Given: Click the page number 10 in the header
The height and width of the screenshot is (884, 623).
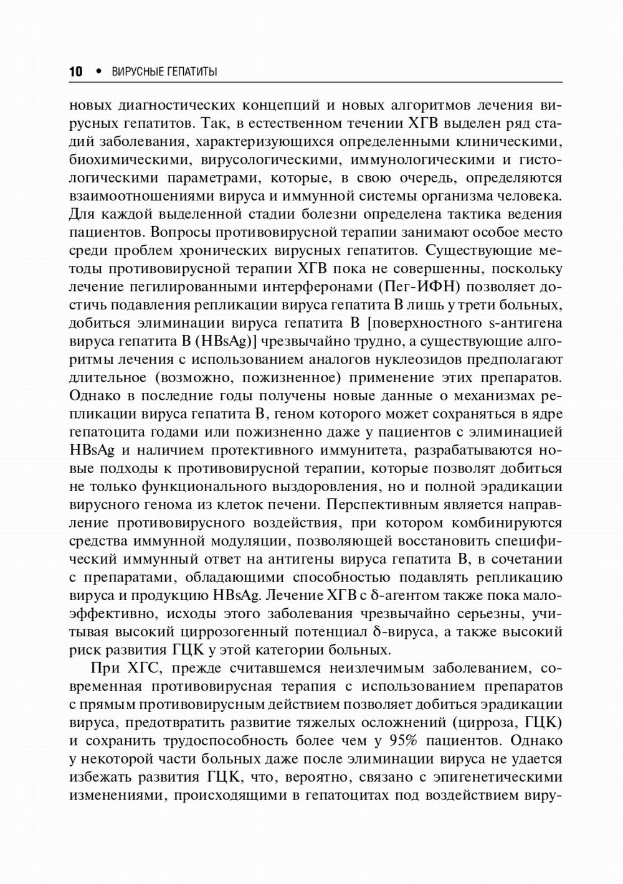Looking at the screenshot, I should [75, 72].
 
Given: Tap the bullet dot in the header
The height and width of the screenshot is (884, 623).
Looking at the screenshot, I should [98, 71].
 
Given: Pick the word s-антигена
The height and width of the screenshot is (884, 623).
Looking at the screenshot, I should [523, 323].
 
